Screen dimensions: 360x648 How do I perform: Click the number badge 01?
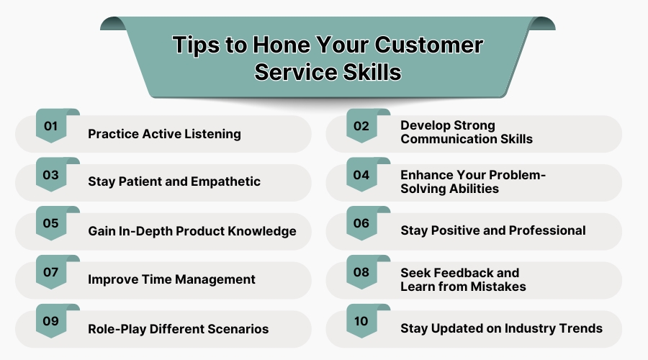(x=50, y=126)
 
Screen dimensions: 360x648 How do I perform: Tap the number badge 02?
(x=361, y=126)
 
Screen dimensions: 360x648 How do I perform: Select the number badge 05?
(x=50, y=224)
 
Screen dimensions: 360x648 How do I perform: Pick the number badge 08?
(x=361, y=273)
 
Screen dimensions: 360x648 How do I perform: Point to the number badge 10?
(x=361, y=322)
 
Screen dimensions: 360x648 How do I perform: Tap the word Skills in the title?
(x=364, y=73)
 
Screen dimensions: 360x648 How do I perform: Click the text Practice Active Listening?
(x=164, y=134)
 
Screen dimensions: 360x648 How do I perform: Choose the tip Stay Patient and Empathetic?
(x=174, y=181)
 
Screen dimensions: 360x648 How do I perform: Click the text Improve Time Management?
(x=171, y=279)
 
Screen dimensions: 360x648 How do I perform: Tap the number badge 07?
(x=50, y=273)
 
